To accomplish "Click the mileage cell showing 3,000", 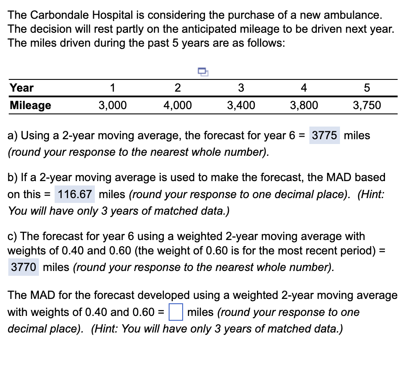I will coord(113,105).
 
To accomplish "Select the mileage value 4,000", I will coord(177,105).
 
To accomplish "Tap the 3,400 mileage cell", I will coord(241,105).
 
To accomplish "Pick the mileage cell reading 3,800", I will coord(304,105).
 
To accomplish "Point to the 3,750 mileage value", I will coord(367,105).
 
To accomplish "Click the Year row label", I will coord(21,87).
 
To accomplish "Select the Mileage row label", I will coord(30,105).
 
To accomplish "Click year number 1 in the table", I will coord(113,87).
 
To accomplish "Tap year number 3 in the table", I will coord(241,87).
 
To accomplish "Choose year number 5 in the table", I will coord(367,87).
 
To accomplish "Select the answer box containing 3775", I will coord(324,135).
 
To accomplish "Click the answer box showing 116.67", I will coord(75,194).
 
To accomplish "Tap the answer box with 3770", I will coord(24,267).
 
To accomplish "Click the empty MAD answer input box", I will coord(176,312).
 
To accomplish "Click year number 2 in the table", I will coord(177,87).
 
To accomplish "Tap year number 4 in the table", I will coord(304,87).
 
